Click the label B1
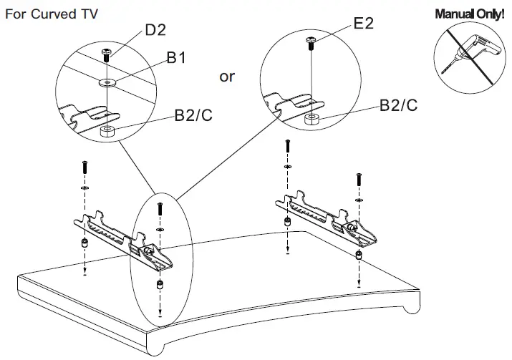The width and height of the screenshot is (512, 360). (x=177, y=58)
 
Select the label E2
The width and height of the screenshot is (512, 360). (x=364, y=24)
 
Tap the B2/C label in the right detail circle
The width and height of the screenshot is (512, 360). (x=399, y=105)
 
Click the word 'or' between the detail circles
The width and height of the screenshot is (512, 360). (x=226, y=77)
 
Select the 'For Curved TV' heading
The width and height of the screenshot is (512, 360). (x=52, y=14)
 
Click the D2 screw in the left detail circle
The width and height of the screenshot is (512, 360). (x=107, y=52)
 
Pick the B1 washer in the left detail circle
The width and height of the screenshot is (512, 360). (x=107, y=82)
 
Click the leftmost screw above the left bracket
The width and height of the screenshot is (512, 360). (x=84, y=167)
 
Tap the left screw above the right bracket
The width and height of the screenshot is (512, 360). (x=287, y=147)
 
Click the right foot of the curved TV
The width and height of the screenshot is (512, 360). (x=407, y=308)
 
